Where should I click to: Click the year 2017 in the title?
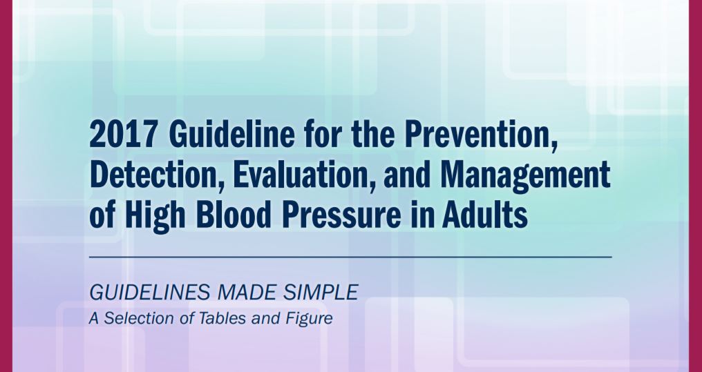click(123, 135)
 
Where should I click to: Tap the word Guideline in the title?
click(232, 134)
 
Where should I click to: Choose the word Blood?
click(234, 215)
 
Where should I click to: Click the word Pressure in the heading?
click(342, 215)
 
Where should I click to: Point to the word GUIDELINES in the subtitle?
click(149, 293)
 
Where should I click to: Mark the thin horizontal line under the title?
click(350, 257)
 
